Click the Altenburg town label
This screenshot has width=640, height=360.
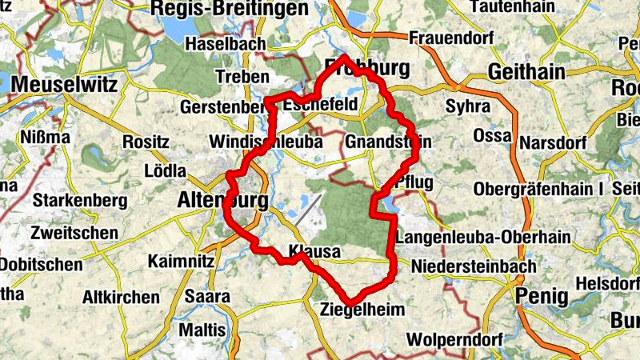221,201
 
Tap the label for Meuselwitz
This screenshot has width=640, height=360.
65,84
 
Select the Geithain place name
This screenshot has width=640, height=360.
526,71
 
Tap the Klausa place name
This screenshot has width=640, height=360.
315,252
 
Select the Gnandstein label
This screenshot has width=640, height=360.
389,142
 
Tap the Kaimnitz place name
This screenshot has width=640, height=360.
181,261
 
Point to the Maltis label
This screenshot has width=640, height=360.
202,329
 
